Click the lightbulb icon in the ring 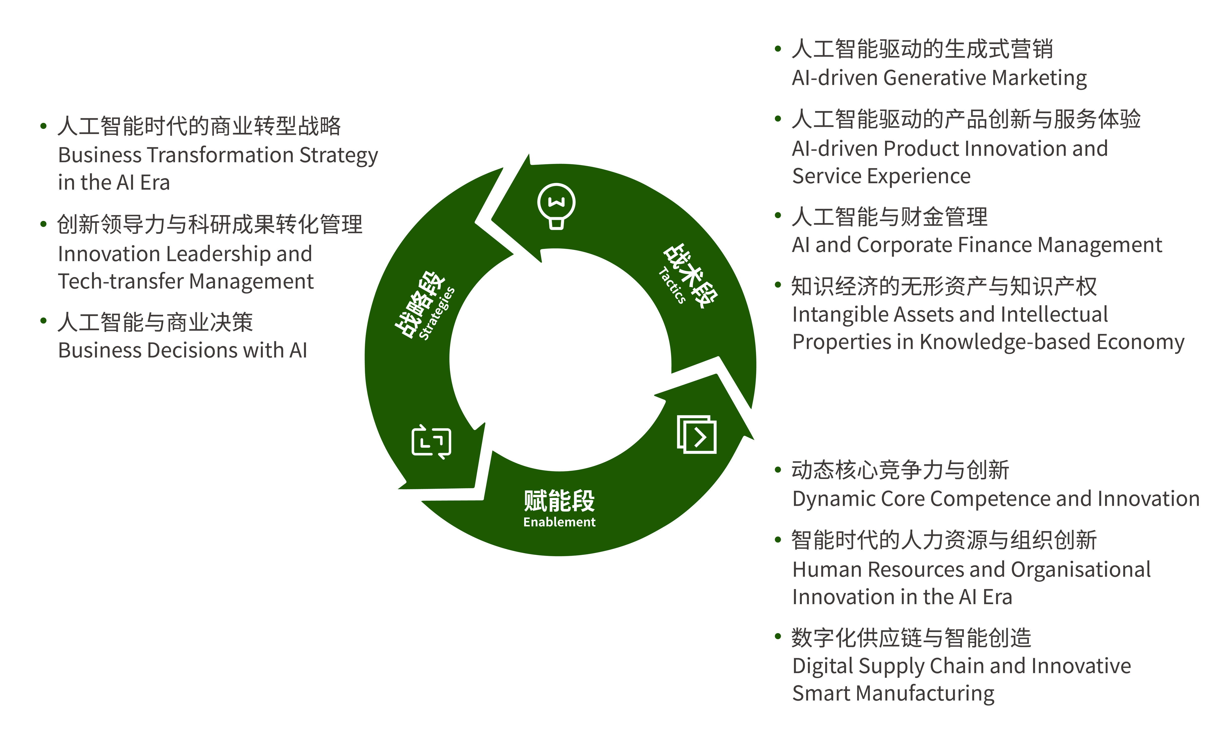click(x=556, y=206)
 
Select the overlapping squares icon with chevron click(x=696, y=434)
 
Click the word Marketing click(x=1039, y=78)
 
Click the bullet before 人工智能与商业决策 click(x=44, y=321)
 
